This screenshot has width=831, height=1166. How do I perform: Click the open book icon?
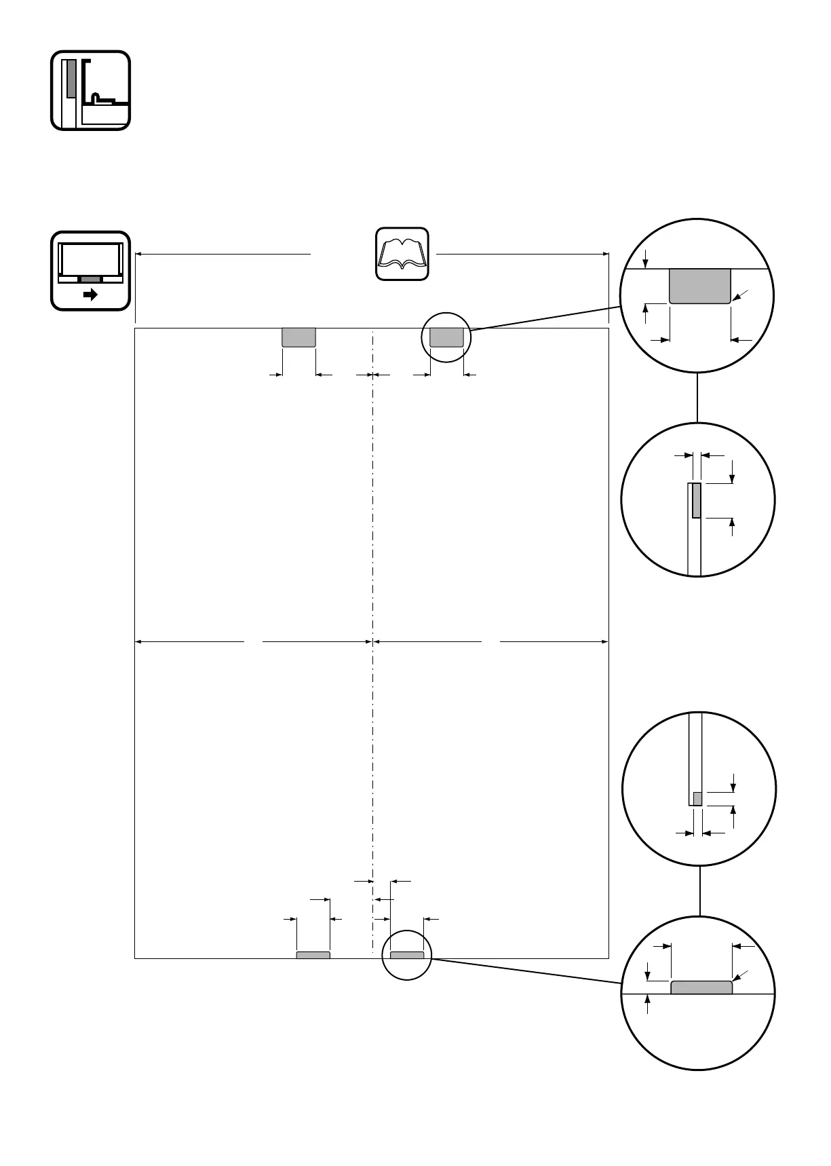(x=403, y=253)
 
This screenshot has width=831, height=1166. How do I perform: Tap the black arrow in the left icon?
(x=90, y=295)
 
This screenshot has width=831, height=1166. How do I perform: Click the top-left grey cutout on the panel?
(x=298, y=337)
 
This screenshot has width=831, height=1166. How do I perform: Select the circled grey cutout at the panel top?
(x=446, y=337)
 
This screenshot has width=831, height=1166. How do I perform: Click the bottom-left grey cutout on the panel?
(x=313, y=955)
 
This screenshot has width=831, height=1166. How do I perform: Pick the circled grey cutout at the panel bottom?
(x=407, y=955)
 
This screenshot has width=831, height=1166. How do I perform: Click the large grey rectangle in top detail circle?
(x=700, y=286)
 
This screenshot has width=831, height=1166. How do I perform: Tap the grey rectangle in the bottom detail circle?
(x=701, y=987)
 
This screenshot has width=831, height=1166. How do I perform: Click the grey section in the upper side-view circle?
(x=696, y=502)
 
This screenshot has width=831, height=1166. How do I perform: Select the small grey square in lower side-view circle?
(x=697, y=798)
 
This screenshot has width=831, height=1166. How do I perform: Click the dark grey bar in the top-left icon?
(x=72, y=78)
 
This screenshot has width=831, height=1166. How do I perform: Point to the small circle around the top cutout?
(x=446, y=314)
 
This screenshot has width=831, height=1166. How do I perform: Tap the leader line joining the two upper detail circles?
(x=697, y=397)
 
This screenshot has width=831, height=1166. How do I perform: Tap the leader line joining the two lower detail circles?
(x=699, y=892)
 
